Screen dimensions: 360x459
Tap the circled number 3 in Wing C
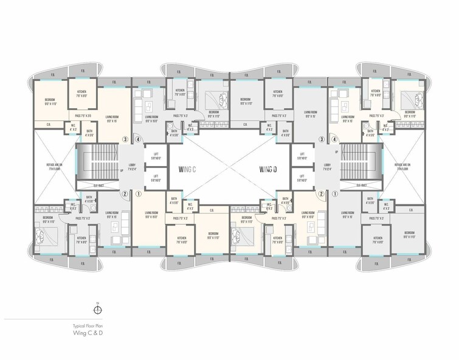click(125, 139)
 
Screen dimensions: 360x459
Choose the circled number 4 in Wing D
click(335, 139)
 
